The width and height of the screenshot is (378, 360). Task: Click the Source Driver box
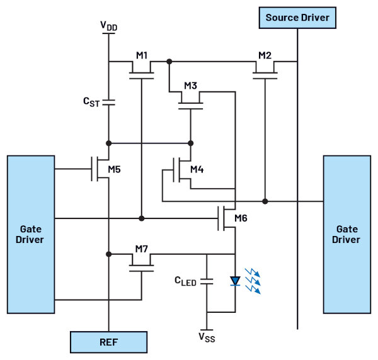(297, 18)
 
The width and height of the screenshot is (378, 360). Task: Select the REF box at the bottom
(108, 342)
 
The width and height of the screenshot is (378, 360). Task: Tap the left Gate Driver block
(31, 234)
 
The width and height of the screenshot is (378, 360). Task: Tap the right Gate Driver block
(347, 234)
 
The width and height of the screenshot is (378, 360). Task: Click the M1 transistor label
(142, 55)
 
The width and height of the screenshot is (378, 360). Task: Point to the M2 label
(265, 55)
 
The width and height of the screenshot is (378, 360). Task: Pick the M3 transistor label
(190, 86)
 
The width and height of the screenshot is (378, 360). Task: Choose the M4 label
(197, 169)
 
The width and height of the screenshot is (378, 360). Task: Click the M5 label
(114, 169)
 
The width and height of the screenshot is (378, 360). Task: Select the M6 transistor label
(241, 218)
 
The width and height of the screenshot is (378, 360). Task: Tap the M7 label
(142, 249)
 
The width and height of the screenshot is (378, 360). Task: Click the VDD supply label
(109, 26)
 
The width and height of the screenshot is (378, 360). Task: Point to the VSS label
(207, 337)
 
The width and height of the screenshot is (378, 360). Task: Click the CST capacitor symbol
(109, 102)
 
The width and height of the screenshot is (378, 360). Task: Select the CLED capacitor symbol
(207, 281)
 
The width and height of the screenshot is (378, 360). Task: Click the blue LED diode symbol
(235, 281)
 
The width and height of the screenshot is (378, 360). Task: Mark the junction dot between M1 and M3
(169, 62)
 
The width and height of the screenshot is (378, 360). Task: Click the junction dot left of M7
(109, 254)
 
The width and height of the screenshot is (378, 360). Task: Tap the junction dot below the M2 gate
(265, 201)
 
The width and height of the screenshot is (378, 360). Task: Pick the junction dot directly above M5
(109, 143)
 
